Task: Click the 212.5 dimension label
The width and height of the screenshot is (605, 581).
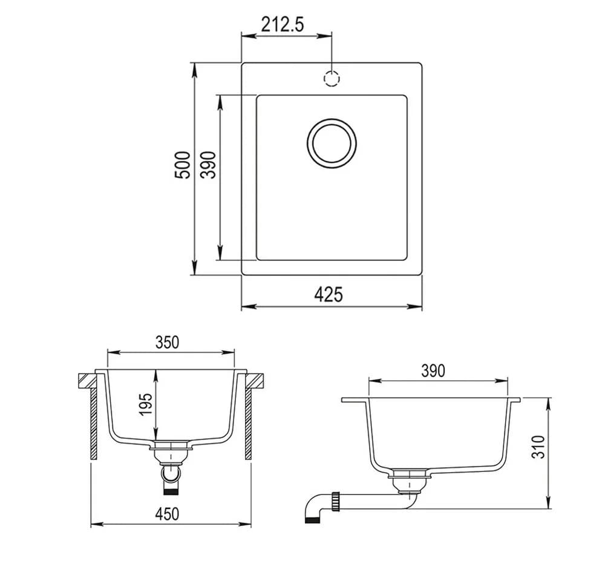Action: click(283, 24)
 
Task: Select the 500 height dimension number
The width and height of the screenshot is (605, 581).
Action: click(183, 165)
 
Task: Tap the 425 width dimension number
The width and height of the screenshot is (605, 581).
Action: click(329, 295)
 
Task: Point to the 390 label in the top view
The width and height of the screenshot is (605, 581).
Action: click(208, 165)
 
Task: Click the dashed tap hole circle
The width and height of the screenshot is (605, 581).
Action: click(332, 79)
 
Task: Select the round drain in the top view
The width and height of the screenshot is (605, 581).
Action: click(332, 143)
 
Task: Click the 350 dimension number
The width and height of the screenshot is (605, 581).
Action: click(167, 343)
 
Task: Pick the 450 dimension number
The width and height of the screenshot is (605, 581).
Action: click(167, 514)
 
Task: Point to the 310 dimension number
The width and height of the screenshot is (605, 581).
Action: click(538, 447)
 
